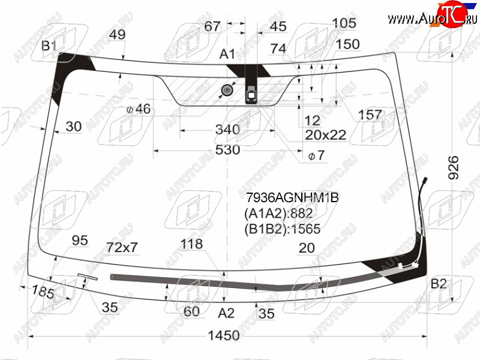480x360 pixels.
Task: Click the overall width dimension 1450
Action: pyautogui.click(x=224, y=336)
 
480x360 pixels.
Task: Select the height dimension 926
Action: pyautogui.click(x=454, y=167)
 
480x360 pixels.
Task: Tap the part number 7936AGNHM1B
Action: pyautogui.click(x=292, y=197)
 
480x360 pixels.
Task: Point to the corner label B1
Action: pyautogui.click(x=49, y=46)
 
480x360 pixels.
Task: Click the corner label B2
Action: pyautogui.click(x=439, y=284)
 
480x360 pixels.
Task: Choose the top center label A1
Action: pyautogui.click(x=227, y=54)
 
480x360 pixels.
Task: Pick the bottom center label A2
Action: pyautogui.click(x=226, y=313)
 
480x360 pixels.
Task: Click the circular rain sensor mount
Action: pyautogui.click(x=227, y=89)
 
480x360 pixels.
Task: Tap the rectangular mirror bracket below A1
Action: pyautogui.click(x=251, y=95)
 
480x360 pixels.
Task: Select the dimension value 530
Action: pyautogui.click(x=228, y=150)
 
